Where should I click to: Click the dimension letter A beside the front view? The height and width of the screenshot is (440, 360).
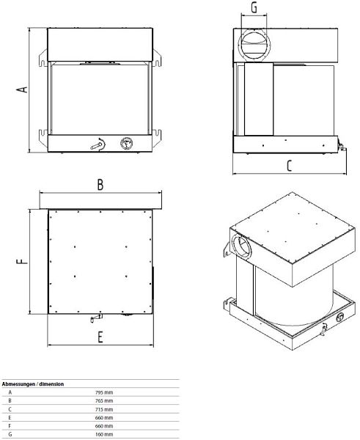point(23,88)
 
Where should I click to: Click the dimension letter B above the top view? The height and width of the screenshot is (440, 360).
point(100,185)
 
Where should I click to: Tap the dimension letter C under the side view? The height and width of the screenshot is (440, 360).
point(290,165)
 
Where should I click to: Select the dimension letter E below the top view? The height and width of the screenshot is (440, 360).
point(100,337)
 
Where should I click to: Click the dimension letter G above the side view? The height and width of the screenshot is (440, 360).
point(254,8)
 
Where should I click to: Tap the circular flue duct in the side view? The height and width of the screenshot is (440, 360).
point(254,44)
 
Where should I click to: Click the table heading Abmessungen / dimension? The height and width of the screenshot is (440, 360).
point(33,384)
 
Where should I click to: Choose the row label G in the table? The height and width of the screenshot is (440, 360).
point(10,434)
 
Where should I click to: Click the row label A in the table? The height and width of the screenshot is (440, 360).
point(10,392)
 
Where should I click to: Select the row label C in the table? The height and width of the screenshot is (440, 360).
point(10,409)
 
